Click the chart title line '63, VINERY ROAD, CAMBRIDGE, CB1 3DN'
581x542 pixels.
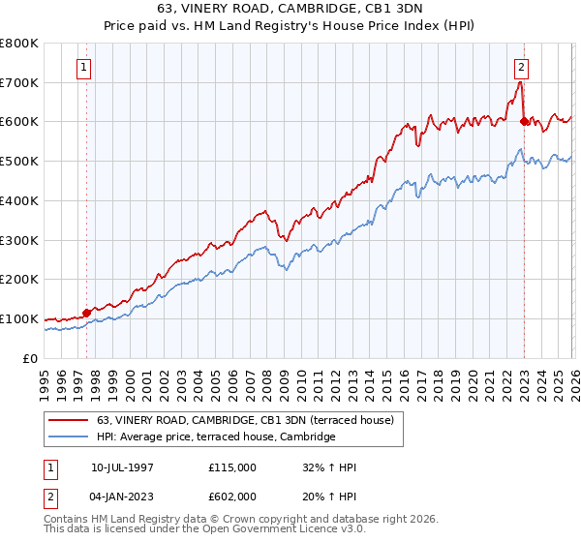tap(290, 7)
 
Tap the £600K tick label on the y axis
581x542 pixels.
tap(18, 122)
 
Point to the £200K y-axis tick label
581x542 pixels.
tap(18, 280)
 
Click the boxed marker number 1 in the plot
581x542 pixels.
tap(85, 68)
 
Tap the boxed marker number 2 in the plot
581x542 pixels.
tap(522, 68)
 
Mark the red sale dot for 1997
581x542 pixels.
tap(87, 313)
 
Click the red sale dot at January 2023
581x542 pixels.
tap(524, 121)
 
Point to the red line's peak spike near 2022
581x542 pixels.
tap(520, 82)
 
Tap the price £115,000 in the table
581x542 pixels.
tap(232, 467)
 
